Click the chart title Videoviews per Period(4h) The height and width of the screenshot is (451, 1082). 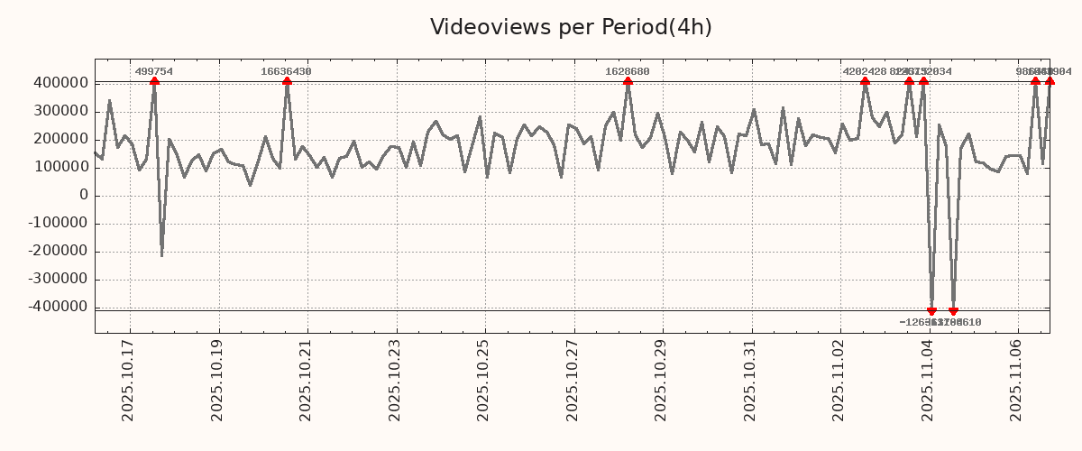pos(571,27)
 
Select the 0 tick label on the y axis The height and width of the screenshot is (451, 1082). pos(84,196)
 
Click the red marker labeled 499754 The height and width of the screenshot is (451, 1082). pos(154,81)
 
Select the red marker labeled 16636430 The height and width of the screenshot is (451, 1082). pos(287,81)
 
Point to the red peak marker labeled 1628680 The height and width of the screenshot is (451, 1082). pos(628,81)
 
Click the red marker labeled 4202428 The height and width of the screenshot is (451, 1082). pos(865,81)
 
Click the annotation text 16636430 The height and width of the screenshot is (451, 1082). pos(286,71)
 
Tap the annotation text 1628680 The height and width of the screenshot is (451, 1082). pos(627,71)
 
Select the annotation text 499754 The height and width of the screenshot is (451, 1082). pos(154,71)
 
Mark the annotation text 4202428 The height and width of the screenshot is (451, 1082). pos(864,71)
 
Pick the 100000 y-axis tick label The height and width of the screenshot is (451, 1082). pos(58,168)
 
